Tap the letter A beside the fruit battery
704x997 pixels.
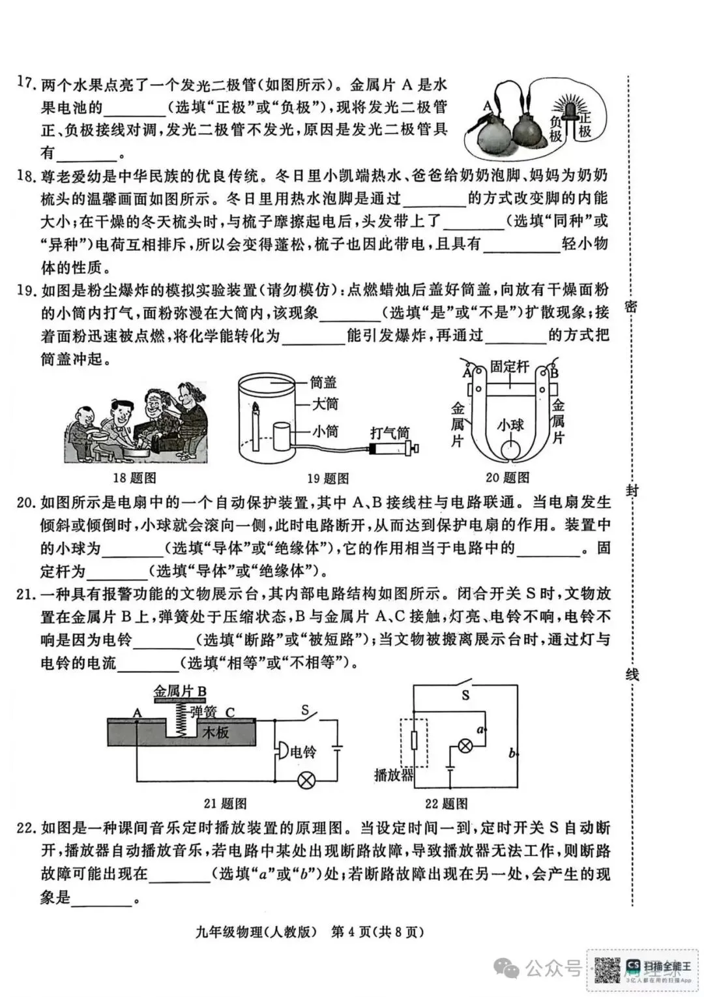(x=487, y=104)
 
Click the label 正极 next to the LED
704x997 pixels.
(x=585, y=125)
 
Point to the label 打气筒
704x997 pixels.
(x=390, y=432)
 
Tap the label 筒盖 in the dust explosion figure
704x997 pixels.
(x=323, y=383)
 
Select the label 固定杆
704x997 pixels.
(x=510, y=366)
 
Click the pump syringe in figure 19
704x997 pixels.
(x=391, y=449)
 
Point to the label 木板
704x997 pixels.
(x=216, y=732)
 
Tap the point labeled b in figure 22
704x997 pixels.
(x=512, y=754)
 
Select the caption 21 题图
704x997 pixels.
(x=225, y=804)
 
